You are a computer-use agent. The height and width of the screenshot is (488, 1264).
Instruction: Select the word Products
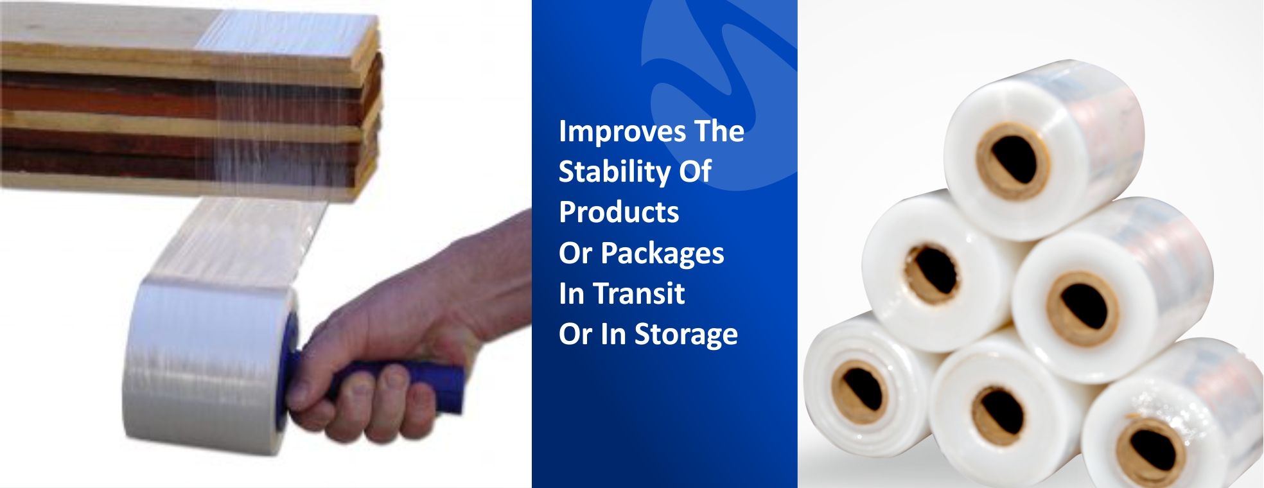tap(619, 213)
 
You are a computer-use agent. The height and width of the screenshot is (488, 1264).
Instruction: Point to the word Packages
tap(662, 254)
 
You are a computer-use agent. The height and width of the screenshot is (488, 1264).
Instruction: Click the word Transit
tap(639, 293)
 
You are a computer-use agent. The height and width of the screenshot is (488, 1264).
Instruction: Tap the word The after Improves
tap(719, 131)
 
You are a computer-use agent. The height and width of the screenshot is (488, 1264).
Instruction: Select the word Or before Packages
tap(575, 253)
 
